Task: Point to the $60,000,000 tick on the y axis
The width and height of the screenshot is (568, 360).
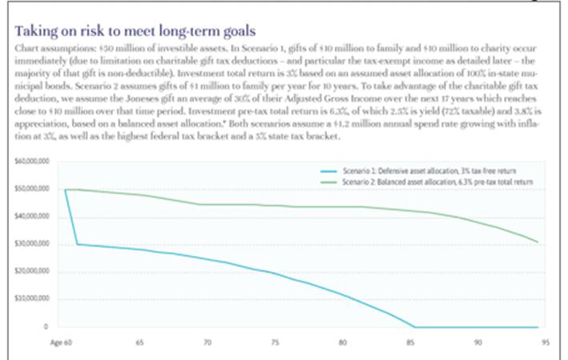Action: [32, 161]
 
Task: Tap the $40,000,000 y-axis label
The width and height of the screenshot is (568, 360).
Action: [32, 216]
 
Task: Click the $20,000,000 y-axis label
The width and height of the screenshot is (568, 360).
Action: [32, 271]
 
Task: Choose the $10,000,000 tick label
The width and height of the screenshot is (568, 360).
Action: [32, 299]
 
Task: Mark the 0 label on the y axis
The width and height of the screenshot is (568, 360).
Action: [46, 326]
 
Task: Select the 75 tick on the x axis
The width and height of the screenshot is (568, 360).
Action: [275, 340]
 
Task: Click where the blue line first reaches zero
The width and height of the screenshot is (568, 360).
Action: [413, 326]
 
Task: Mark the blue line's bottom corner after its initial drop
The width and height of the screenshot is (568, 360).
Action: [78, 244]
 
